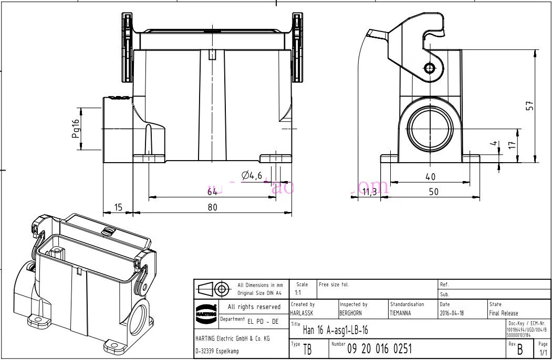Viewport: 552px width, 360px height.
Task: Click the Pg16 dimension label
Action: (76, 129)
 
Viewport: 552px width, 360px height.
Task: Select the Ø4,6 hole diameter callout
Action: (252, 176)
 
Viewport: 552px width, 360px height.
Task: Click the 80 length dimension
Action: (212, 207)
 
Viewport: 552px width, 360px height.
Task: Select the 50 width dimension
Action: (433, 192)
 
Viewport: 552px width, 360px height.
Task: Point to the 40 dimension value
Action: (431, 177)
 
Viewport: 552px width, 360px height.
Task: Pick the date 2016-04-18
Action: (452, 313)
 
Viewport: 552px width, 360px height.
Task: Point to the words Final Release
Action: (503, 313)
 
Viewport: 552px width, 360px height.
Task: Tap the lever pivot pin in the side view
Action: (430, 68)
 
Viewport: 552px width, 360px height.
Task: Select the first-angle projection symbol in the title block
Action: (214, 289)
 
